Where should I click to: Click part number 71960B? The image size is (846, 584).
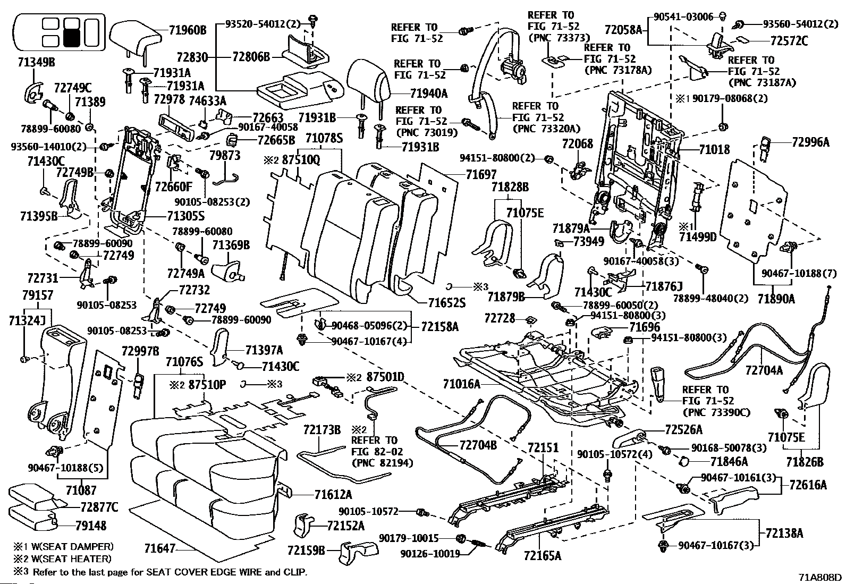click(x=188, y=30)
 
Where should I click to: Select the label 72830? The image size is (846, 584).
click(x=192, y=57)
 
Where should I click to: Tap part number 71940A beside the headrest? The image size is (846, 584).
click(x=429, y=93)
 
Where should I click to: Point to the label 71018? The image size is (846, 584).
click(x=714, y=150)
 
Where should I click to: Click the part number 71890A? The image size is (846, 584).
click(x=776, y=299)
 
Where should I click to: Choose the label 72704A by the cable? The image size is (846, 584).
click(x=764, y=370)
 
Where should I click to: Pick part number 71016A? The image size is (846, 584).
click(x=461, y=384)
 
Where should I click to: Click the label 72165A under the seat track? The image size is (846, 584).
click(x=543, y=555)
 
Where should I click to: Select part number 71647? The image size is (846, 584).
click(x=160, y=548)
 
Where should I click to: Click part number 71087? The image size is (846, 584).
click(x=81, y=490)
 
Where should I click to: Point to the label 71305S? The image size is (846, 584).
click(x=186, y=216)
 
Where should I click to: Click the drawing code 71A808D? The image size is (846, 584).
click(x=820, y=578)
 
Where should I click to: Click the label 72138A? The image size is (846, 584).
click(x=784, y=533)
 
